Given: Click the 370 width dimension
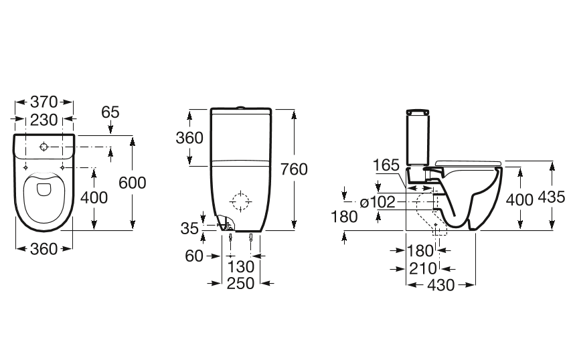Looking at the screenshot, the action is point(44,102).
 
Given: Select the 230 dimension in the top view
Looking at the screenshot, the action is point(44,120).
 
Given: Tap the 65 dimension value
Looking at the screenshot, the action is point(110,112).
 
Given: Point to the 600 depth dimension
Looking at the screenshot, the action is point(132,183).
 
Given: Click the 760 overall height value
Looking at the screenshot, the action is point(294,169).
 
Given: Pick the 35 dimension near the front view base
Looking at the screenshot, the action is point(189,229).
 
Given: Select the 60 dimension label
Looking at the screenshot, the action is point(194,256).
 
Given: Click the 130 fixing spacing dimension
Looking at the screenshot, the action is point(240,267).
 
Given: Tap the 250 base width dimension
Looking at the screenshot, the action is point(240,284).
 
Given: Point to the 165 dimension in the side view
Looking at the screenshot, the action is point(386,165).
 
